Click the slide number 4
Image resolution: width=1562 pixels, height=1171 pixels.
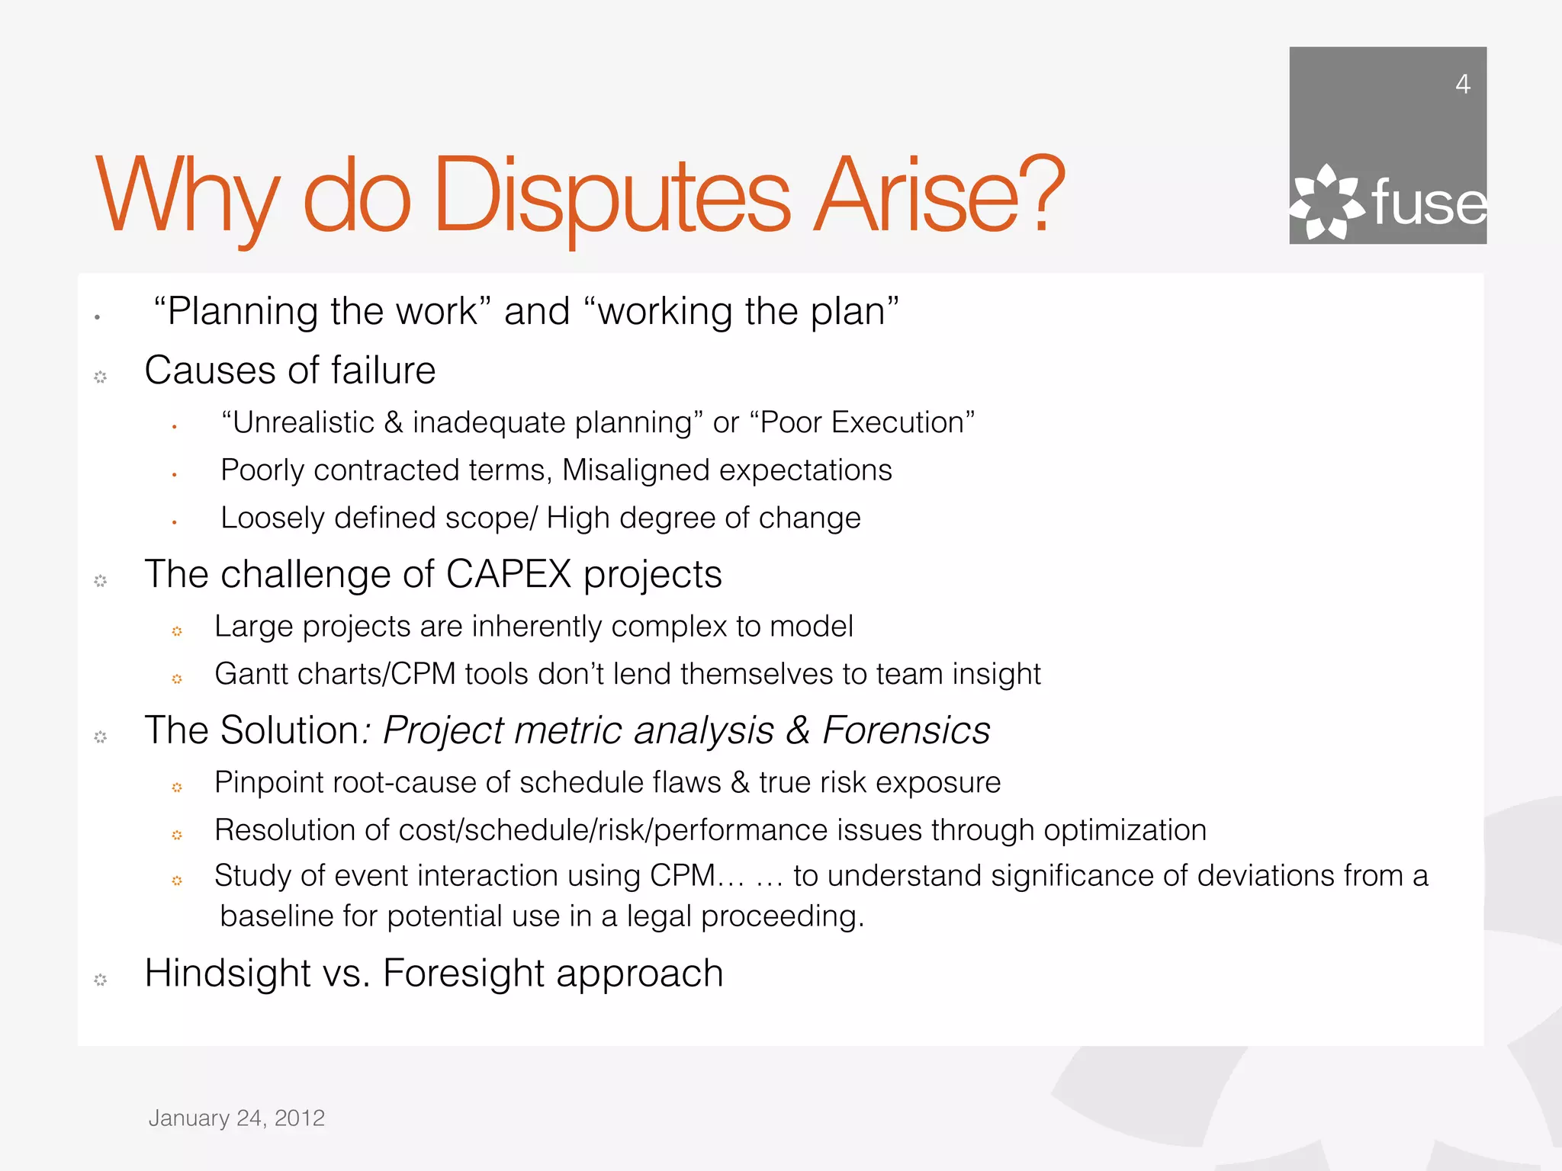click(x=1462, y=84)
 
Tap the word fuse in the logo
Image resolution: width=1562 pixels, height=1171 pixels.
click(x=1429, y=203)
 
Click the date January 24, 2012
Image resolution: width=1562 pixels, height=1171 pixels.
click(x=236, y=1118)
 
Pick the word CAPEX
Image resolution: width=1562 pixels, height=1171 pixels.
click(x=509, y=574)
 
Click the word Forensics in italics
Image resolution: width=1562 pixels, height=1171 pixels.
click(x=906, y=730)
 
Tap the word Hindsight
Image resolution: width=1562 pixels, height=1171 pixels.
click(x=227, y=974)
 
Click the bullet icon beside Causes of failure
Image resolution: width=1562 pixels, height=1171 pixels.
click(x=100, y=377)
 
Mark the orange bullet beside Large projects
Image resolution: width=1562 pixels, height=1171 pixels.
click(x=177, y=631)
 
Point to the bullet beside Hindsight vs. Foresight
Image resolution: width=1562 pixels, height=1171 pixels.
click(x=100, y=980)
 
